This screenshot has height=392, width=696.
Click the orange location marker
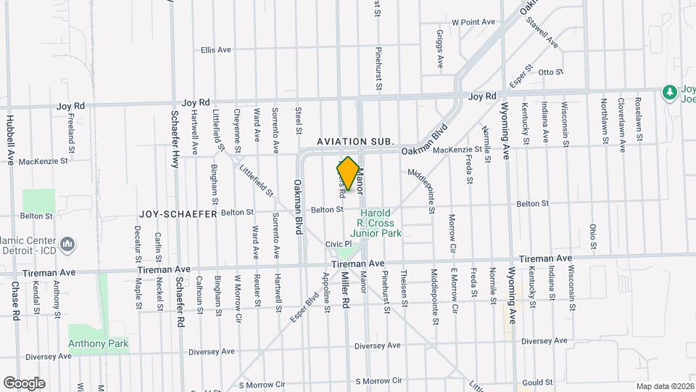[348, 174]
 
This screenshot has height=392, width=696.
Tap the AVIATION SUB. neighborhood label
[355, 141]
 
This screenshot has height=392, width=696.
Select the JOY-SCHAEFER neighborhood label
[178, 215]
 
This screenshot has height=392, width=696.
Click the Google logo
[24, 383]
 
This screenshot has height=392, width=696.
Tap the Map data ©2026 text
[663, 386]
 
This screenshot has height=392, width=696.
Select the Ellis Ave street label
[216, 50]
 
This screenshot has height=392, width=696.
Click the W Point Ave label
[473, 23]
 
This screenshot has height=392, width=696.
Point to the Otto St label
[551, 72]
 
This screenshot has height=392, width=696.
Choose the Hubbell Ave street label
[10, 139]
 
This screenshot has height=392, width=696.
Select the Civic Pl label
[338, 244]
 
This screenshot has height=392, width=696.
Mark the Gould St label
[537, 383]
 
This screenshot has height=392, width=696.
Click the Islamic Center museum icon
[67, 245]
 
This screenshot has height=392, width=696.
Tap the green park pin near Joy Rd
[669, 91]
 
